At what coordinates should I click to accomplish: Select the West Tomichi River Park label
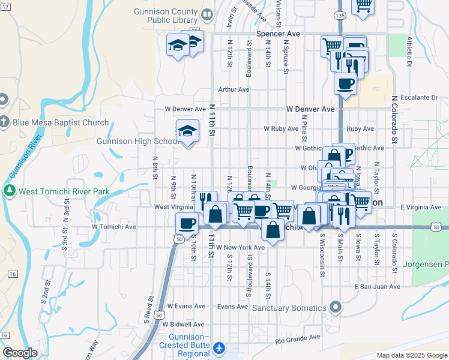pos(56,191)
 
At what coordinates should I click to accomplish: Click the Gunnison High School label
pos(137,142)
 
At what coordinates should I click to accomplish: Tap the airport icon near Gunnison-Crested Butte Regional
pos(220,348)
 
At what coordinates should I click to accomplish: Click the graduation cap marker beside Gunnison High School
pos(187,131)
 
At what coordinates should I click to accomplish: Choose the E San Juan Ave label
pos(377,287)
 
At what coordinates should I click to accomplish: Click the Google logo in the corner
pos(20,352)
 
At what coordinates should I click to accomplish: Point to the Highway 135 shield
pos(340,15)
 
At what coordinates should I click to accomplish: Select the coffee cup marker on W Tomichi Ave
pos(187,223)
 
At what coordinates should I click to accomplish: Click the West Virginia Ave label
pos(174,207)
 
